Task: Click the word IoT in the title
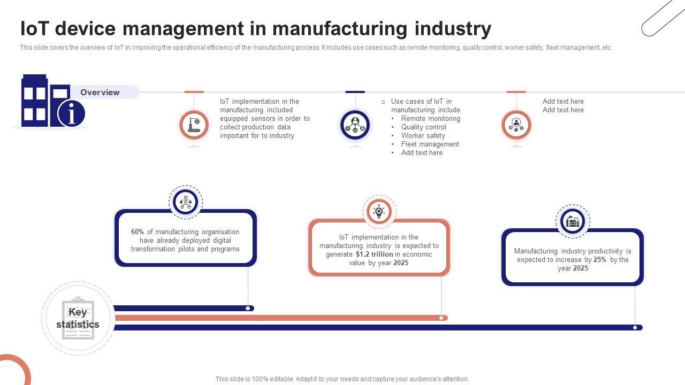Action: (34, 28)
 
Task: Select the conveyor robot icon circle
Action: (194, 125)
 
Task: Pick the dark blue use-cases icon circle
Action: (355, 125)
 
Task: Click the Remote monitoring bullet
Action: (430, 119)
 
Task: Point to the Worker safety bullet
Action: (423, 136)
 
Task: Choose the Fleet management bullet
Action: (430, 144)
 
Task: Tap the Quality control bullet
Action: (423, 127)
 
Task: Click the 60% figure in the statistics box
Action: (138, 232)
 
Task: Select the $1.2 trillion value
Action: (374, 255)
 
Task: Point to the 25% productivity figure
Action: (599, 260)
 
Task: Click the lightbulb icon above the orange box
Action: (379, 212)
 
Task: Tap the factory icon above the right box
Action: (573, 221)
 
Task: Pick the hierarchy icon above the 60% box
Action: (186, 202)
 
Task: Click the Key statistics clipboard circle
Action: (78, 319)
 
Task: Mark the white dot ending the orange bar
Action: (441, 318)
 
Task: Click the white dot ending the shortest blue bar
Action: (248, 309)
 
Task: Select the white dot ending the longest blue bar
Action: (635, 328)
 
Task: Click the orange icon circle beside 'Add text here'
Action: (516, 125)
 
